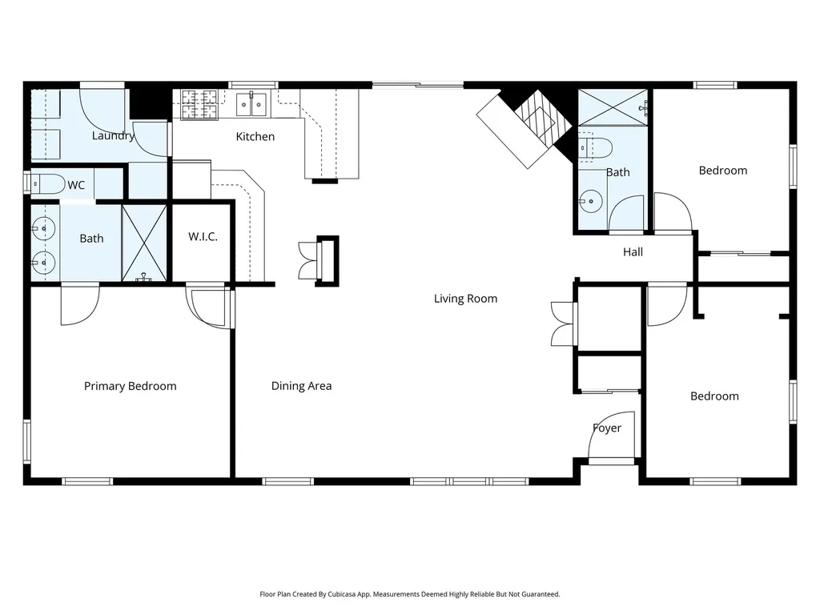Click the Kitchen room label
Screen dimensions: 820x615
tap(255, 136)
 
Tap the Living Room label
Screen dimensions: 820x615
tap(465, 299)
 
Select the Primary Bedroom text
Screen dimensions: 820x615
tap(131, 386)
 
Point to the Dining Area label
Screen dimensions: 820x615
tap(301, 386)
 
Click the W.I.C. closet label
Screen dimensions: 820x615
tap(203, 236)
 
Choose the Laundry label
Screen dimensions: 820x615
tap(113, 136)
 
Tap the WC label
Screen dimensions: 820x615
tap(76, 185)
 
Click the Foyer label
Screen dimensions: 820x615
tap(607, 428)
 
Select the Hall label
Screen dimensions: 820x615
tap(633, 252)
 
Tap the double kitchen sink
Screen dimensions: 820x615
tap(251, 105)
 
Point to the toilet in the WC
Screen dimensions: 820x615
tap(47, 184)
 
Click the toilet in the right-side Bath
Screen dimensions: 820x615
tap(595, 148)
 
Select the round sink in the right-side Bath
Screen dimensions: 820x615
tap(591, 201)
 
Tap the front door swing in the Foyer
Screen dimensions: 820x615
tap(612, 435)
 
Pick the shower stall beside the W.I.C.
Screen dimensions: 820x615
tap(144, 243)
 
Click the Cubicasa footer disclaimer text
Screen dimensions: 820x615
tap(410, 594)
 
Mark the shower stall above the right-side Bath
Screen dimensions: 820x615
tap(613, 107)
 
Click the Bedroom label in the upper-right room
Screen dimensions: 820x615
tap(723, 171)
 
